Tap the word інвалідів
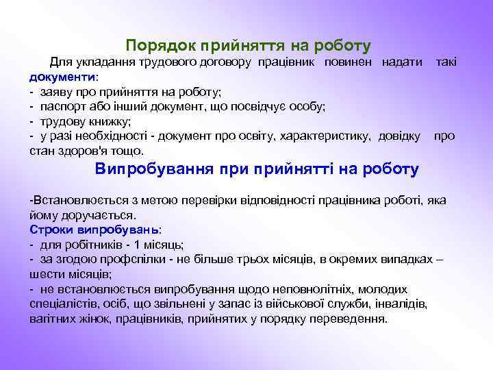click(x=405, y=304)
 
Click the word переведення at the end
click(x=351, y=319)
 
